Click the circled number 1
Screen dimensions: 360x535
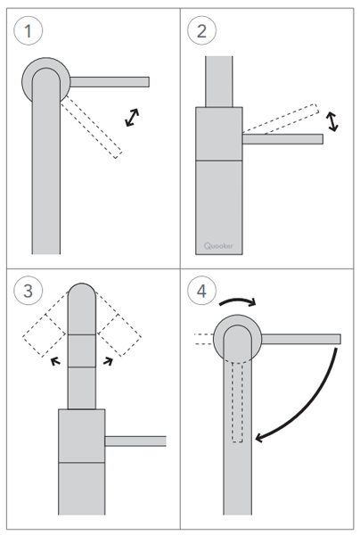tap(29, 30)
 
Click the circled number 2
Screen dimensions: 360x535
tap(201, 30)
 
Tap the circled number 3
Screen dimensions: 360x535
tap(29, 291)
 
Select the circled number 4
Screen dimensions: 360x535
tap(201, 291)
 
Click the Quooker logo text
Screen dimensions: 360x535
tap(218, 246)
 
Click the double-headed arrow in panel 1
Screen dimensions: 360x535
tap(132, 118)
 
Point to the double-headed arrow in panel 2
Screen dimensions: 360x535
tap(331, 121)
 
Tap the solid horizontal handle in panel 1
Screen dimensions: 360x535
tap(110, 82)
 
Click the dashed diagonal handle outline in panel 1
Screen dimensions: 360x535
tap(92, 127)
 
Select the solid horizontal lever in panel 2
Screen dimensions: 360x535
tap(282, 139)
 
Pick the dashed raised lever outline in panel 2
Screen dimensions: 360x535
tap(281, 119)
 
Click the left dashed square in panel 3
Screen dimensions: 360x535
tap(45, 335)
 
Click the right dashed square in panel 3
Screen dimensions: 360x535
tap(119, 335)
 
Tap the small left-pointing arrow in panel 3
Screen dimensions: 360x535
tap(55, 361)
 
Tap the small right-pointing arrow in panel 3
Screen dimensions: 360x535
tap(108, 361)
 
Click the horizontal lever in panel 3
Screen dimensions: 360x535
tap(135, 441)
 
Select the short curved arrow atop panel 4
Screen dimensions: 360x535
tap(238, 300)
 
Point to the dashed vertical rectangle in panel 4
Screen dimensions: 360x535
tap(237, 403)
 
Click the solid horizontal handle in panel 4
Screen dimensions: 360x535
tap(301, 339)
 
